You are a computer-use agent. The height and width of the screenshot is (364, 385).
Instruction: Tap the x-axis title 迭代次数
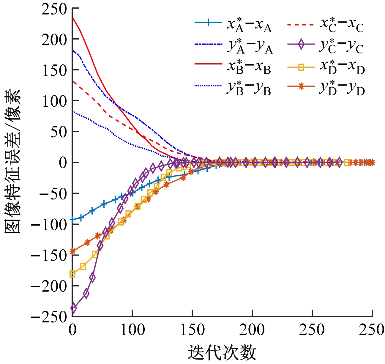pos(222,353)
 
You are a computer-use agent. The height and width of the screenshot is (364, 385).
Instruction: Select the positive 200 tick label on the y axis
pos(54,39)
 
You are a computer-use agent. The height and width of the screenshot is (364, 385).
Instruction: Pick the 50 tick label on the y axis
pos(58,132)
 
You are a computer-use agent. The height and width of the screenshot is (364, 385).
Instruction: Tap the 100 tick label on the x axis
pos(132,330)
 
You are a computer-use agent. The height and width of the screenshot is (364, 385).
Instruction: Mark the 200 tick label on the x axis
pos(252,330)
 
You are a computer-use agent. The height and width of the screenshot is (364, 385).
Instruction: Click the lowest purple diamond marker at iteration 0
pos(73,308)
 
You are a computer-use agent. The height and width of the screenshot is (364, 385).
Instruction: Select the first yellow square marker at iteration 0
pos(72,274)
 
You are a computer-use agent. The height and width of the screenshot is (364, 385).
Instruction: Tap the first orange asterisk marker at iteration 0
pos(72,251)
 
